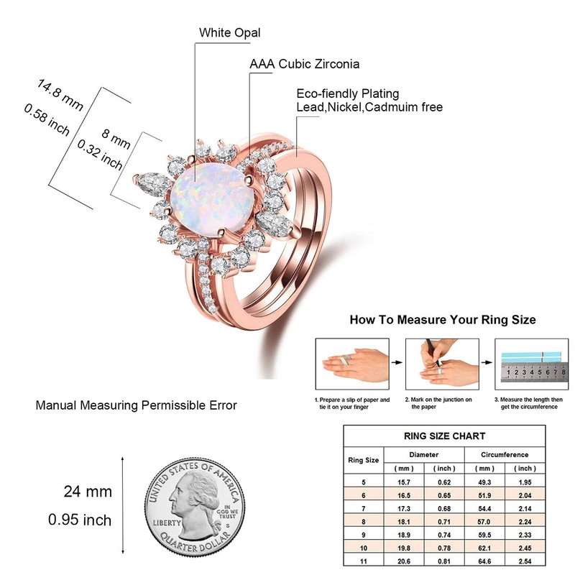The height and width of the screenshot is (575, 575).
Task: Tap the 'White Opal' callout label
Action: coord(229,32)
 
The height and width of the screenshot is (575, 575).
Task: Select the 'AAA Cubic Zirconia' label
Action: coord(304,64)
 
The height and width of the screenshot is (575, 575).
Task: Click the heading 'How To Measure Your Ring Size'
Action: coord(442,319)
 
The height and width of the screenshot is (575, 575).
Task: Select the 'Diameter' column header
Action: coord(424,455)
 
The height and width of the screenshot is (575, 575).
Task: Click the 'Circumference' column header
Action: coord(504,455)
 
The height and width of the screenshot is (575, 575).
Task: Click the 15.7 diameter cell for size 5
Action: coord(403,482)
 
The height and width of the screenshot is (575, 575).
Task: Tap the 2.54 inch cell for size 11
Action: coord(525,562)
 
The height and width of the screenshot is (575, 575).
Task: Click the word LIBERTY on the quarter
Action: coord(166,522)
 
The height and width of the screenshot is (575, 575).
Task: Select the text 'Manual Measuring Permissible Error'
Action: coord(137,406)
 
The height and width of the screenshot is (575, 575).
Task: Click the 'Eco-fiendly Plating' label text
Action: coord(348,94)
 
